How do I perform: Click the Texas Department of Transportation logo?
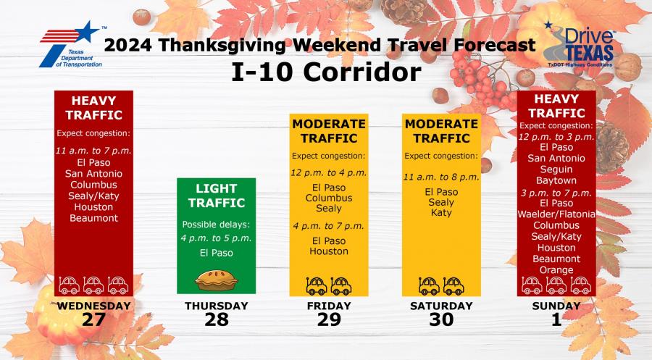pyautogui.click(x=70, y=44)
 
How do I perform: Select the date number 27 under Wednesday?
pyautogui.click(x=94, y=319)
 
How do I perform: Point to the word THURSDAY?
pyautogui.click(x=217, y=306)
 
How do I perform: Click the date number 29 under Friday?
pyautogui.click(x=329, y=319)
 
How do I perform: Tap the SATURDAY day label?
pyautogui.click(x=441, y=306)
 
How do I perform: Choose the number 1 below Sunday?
pyautogui.click(x=556, y=319)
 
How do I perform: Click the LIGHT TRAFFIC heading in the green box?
pyautogui.click(x=217, y=196)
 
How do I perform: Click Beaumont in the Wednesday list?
pyautogui.click(x=94, y=217)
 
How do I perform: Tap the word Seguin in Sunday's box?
pyautogui.click(x=556, y=169)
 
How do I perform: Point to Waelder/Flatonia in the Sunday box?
pyautogui.click(x=556, y=214)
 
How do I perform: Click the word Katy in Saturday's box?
pyautogui.click(x=441, y=213)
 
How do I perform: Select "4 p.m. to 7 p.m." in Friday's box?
pyautogui.click(x=329, y=227)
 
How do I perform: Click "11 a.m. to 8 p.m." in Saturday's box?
pyautogui.click(x=441, y=177)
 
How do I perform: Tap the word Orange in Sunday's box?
pyautogui.click(x=556, y=270)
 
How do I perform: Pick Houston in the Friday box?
pyautogui.click(x=329, y=251)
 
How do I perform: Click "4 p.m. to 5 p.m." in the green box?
pyautogui.click(x=217, y=238)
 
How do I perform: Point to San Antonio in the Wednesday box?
pyautogui.click(x=94, y=173)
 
